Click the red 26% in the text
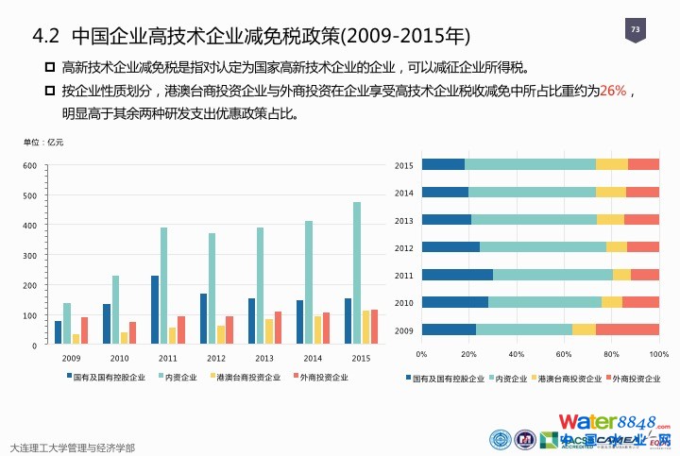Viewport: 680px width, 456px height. coord(613,91)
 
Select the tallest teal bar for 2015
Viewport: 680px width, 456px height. coord(357,273)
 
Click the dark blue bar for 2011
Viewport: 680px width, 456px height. coord(155,310)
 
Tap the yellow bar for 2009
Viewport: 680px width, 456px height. coord(76,339)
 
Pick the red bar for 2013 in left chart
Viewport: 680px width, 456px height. coord(278,328)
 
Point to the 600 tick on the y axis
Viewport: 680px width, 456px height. coord(30,166)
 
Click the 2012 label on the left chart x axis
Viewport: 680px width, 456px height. coord(217,359)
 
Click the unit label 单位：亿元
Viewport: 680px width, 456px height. coord(42,142)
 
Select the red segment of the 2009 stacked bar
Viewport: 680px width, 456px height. coord(627,329)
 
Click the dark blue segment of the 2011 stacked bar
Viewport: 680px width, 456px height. coord(457,275)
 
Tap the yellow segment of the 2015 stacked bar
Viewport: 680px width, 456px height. coord(612,164)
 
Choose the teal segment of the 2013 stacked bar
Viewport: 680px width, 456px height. coord(534,220)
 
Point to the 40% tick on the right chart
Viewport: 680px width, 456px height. coord(516,354)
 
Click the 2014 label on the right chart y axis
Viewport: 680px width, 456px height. coord(404,193)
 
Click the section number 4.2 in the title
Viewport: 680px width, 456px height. coord(46,38)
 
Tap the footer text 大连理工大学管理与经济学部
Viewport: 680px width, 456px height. coord(71,447)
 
